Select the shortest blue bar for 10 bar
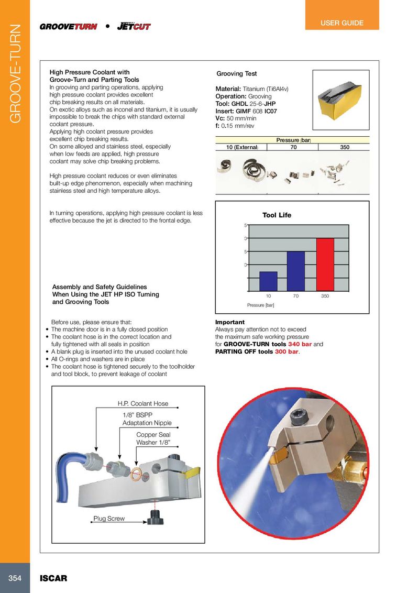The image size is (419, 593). click(x=268, y=280)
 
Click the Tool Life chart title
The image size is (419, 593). click(x=277, y=215)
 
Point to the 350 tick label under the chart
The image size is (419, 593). click(x=325, y=296)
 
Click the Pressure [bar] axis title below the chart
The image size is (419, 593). click(x=261, y=305)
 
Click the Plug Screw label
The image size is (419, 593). click(x=109, y=519)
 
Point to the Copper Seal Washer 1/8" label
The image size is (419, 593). click(x=153, y=438)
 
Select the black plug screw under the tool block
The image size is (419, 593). click(x=156, y=517)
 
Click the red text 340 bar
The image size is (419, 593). click(x=300, y=344)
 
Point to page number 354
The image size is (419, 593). click(x=15, y=578)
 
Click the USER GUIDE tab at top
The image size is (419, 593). click(x=342, y=23)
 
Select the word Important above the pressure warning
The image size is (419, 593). click(x=230, y=322)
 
